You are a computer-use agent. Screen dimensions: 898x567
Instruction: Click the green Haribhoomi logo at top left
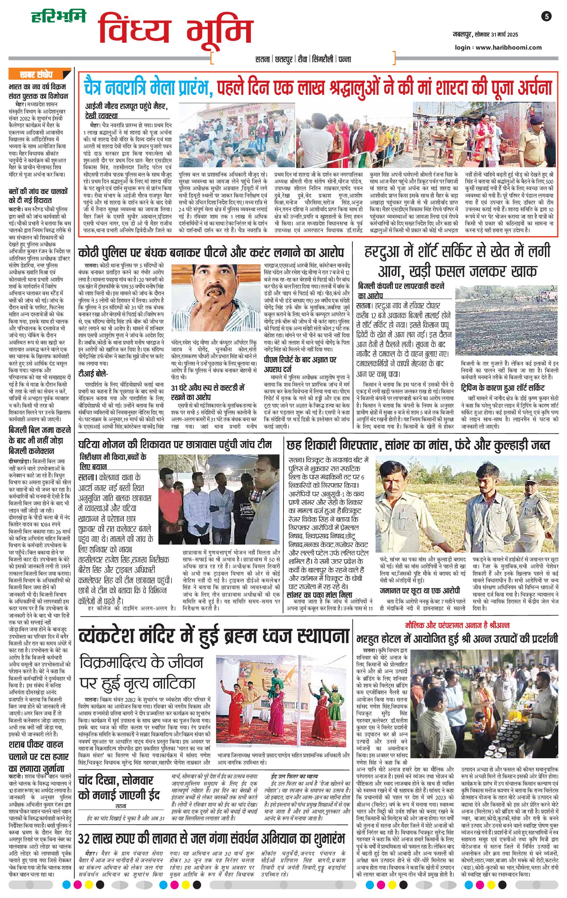click(58, 16)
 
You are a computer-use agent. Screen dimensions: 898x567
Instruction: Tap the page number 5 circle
click(547, 16)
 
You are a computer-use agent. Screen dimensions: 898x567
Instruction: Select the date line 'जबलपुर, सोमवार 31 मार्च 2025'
click(483, 35)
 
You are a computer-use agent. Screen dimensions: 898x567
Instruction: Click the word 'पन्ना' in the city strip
click(344, 59)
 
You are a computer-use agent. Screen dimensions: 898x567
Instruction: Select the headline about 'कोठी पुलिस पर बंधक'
click(211, 253)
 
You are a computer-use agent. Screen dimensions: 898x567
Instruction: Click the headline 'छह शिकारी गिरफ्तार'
click(418, 445)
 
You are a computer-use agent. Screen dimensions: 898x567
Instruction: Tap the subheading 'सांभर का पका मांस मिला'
click(319, 595)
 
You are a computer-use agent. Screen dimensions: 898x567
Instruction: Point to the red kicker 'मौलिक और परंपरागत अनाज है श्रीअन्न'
click(457, 625)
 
